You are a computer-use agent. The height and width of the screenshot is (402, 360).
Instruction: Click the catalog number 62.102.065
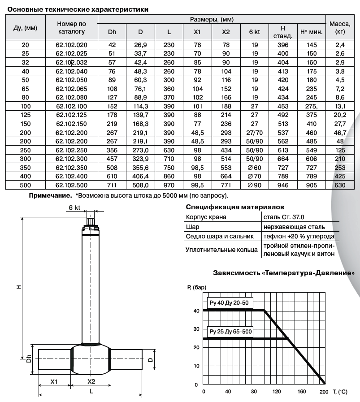click(x=72, y=89)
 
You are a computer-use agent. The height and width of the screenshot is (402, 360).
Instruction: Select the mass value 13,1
click(x=340, y=106)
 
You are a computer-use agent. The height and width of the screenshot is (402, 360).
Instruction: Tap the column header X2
click(x=226, y=32)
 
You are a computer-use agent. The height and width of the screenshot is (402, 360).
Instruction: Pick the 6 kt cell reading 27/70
click(x=254, y=133)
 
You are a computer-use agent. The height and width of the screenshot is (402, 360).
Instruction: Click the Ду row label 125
click(x=25, y=115)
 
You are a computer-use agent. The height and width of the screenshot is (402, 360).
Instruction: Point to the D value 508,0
click(x=140, y=185)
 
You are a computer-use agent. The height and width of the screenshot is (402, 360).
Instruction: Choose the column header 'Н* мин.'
click(x=312, y=32)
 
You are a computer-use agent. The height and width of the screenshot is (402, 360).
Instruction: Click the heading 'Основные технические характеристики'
click(x=78, y=9)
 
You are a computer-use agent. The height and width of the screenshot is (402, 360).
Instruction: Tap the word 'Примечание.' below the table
click(x=51, y=195)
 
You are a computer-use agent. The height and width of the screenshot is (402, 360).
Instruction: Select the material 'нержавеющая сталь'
click(x=294, y=227)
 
